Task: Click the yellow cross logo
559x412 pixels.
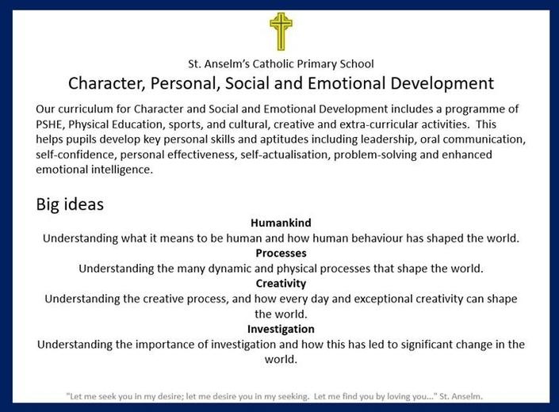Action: point(281,32)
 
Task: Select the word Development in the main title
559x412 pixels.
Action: point(442,84)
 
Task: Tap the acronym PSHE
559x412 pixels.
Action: point(49,124)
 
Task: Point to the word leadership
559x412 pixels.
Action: point(388,139)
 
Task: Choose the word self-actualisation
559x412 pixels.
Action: point(285,155)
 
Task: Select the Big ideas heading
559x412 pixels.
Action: point(70,204)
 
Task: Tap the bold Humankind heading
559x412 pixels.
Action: point(281,223)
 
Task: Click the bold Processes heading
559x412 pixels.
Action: point(281,254)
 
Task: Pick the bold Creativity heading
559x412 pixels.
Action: point(281,284)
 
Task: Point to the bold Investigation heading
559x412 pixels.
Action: point(281,330)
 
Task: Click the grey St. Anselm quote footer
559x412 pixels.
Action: point(274,396)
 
